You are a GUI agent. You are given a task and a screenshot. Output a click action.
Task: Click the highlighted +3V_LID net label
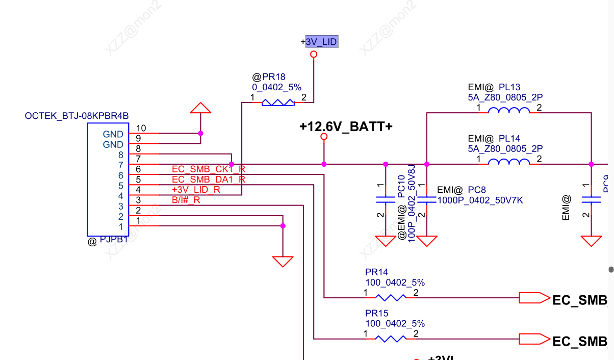tap(321, 42)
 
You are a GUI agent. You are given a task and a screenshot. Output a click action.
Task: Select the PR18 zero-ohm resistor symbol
tap(278, 103)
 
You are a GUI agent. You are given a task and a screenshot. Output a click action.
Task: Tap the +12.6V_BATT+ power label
tap(346, 126)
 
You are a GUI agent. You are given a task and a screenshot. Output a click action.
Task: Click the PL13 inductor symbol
tap(508, 111)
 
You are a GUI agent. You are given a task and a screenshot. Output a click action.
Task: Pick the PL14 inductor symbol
tap(508, 163)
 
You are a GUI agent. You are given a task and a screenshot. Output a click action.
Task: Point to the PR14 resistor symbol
tap(391, 297)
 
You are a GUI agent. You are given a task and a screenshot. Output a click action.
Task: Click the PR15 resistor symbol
tap(391, 338)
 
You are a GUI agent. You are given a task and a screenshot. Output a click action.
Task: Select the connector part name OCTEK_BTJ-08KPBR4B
tap(76, 116)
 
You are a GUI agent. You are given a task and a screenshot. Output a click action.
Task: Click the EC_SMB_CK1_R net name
tap(208, 169)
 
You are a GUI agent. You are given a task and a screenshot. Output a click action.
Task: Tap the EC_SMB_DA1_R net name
tap(208, 179)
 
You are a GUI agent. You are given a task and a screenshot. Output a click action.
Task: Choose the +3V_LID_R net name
tap(196, 190)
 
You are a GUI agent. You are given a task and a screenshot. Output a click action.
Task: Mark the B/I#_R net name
tap(186, 200)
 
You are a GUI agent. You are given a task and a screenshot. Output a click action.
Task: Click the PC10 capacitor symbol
tap(386, 200)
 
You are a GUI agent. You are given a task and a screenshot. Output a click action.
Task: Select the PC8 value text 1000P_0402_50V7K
tap(480, 200)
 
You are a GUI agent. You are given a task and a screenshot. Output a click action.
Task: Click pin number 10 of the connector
tap(141, 128)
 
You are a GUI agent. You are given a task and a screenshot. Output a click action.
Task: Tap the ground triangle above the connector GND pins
tap(200, 108)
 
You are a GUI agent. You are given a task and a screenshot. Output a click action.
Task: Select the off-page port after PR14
tap(532, 298)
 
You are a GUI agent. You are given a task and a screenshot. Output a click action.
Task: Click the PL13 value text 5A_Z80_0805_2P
tap(505, 97)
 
